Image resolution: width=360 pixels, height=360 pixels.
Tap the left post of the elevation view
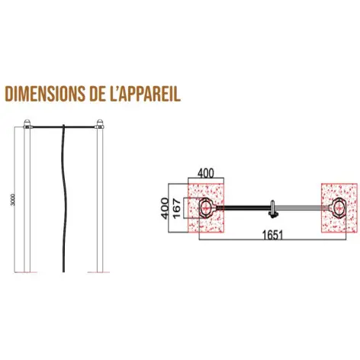(27, 202)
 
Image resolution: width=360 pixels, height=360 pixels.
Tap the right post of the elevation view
(98, 202)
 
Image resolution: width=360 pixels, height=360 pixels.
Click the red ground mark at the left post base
(27, 272)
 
